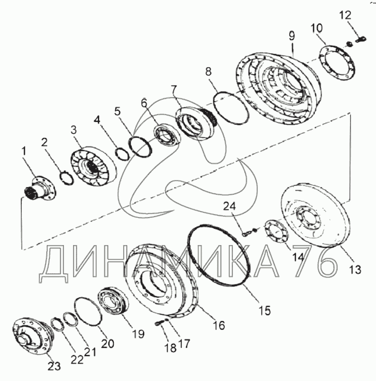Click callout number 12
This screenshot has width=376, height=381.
345,15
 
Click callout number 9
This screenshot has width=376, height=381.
292,36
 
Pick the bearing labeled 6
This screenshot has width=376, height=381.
167,135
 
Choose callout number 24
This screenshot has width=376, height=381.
229,206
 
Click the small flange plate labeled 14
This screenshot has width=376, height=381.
277,231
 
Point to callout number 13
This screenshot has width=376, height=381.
355,270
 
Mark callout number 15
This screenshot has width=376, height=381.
265,311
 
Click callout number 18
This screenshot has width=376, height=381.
171,349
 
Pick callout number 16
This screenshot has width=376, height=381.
219,325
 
